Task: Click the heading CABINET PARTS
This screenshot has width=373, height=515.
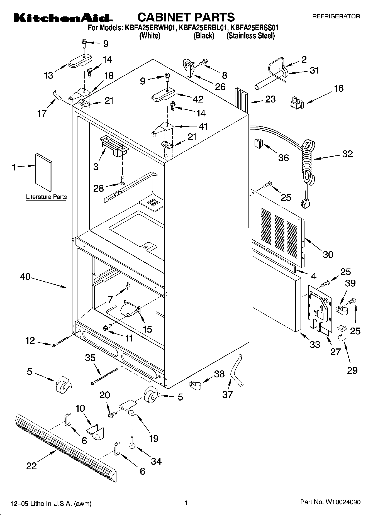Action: [x=186, y=17]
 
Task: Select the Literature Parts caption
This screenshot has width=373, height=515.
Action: [x=46, y=197]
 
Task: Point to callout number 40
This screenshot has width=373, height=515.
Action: [x=25, y=277]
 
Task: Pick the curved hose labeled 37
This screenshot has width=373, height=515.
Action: [x=236, y=370]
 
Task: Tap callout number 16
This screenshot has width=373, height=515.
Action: [x=339, y=89]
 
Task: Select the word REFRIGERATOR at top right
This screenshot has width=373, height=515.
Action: [x=336, y=16]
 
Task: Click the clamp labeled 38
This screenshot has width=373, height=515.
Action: [x=195, y=385]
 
